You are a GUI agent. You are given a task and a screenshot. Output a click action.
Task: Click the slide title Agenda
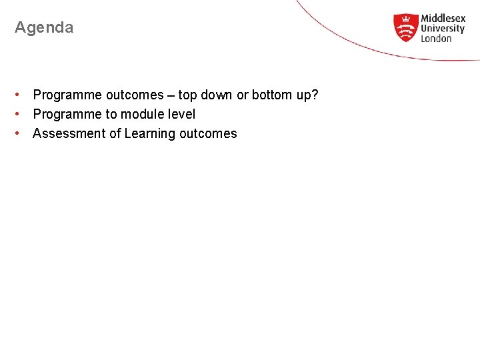pos(44,28)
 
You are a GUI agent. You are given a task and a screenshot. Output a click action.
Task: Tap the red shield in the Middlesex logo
pos(405,27)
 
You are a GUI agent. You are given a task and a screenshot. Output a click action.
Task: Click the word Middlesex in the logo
pos(443,19)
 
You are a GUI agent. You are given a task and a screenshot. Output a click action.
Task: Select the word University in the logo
pos(443,29)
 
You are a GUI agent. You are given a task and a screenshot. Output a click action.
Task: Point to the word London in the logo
pos(436,39)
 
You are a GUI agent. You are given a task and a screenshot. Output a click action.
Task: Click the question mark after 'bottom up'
pos(315,95)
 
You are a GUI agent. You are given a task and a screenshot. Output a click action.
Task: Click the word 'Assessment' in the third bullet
pos(69,133)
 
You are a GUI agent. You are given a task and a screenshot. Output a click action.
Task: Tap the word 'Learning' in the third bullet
pos(149,134)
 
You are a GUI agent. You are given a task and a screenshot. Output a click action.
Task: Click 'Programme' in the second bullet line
pos(67,115)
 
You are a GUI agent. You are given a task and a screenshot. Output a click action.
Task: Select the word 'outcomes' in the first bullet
pos(135,95)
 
